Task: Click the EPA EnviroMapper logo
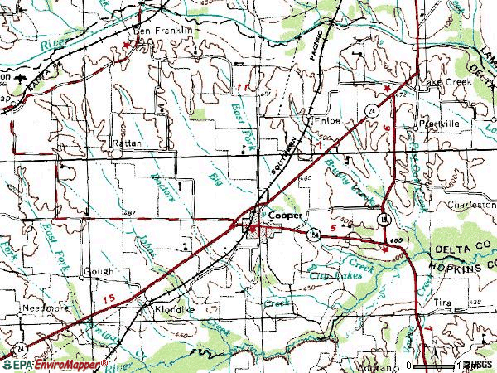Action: [x=54, y=365]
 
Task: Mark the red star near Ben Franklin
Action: [x=126, y=43]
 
